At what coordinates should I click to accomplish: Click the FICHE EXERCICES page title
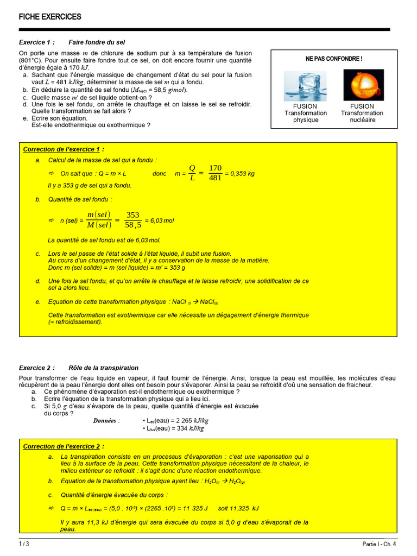tap(50, 17)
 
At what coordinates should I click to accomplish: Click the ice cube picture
tap(306, 85)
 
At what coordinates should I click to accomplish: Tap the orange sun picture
tap(363, 85)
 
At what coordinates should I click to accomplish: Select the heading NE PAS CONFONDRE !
tap(334, 59)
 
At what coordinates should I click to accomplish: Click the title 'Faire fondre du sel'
tap(97, 42)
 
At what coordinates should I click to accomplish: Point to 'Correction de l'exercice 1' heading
tap(63, 149)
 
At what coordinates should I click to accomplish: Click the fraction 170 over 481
tap(216, 173)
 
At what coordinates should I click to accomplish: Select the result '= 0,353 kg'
tap(240, 174)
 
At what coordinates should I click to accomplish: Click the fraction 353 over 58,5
tap(133, 220)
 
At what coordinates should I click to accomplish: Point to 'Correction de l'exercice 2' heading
tap(63, 446)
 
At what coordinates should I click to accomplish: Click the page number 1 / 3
tap(24, 544)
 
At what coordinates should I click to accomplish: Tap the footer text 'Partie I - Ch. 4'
tap(379, 544)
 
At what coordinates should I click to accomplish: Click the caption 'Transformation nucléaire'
tap(362, 116)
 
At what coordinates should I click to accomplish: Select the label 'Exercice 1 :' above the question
tap(37, 42)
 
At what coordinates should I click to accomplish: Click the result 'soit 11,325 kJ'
tap(238, 508)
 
